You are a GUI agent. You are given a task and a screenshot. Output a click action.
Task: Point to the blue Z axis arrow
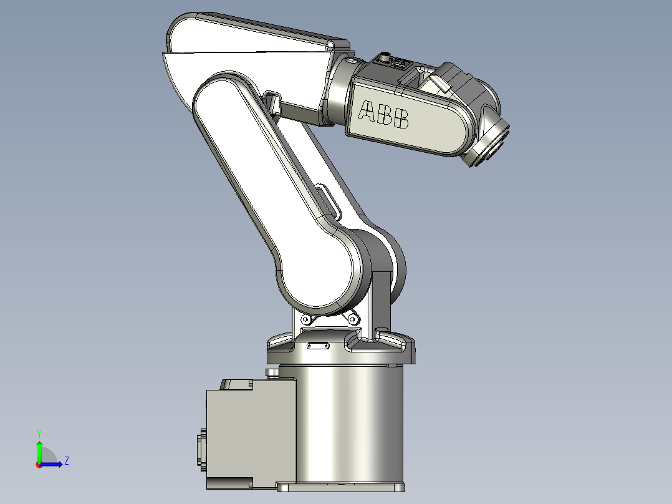tap(52, 463)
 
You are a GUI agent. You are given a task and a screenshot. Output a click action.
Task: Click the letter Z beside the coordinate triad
tap(66, 461)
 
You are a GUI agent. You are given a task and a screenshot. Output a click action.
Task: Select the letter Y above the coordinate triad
tap(39, 433)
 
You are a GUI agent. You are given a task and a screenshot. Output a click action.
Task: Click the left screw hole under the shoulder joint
tap(305, 320)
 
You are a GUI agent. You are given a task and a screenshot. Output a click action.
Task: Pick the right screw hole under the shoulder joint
tap(352, 319)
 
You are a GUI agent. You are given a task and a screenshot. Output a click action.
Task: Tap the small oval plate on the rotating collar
tap(319, 345)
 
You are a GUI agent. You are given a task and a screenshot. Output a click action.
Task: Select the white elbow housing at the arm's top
tap(249, 44)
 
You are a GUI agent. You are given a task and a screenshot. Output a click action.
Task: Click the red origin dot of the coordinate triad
tap(39, 464)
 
